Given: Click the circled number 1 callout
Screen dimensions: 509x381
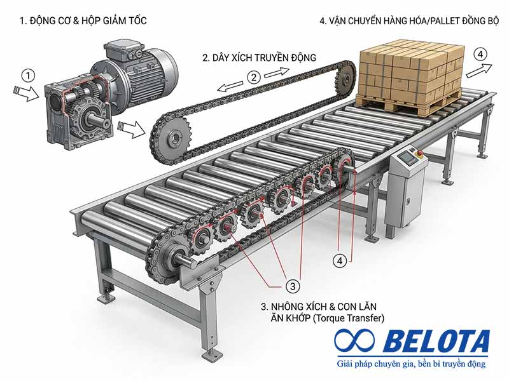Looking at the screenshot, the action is tap(28, 76).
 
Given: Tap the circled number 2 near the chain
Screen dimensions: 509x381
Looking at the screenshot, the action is tap(254, 77).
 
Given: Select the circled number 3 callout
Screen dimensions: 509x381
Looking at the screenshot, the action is tap(293, 286).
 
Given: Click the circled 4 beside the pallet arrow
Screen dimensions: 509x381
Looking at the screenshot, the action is tap(480, 54).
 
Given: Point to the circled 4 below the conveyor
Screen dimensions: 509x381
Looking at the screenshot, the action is tap(340, 260).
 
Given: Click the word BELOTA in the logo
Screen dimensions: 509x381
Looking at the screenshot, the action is tap(436, 341).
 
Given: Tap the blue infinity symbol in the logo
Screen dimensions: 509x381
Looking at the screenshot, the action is tap(354, 340).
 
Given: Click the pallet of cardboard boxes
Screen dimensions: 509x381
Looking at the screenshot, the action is tap(410, 77).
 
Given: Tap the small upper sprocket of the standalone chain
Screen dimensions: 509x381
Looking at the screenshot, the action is tap(345, 78).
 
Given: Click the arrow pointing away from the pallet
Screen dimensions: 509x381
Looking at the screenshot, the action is tap(480, 70).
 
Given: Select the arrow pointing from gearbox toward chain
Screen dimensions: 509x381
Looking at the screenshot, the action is tap(132, 128).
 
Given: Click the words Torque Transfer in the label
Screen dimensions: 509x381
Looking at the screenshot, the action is tap(348, 318).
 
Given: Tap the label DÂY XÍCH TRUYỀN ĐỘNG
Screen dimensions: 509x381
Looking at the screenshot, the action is tap(259, 58).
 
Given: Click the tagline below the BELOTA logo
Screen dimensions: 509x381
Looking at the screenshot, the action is tap(412, 363).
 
